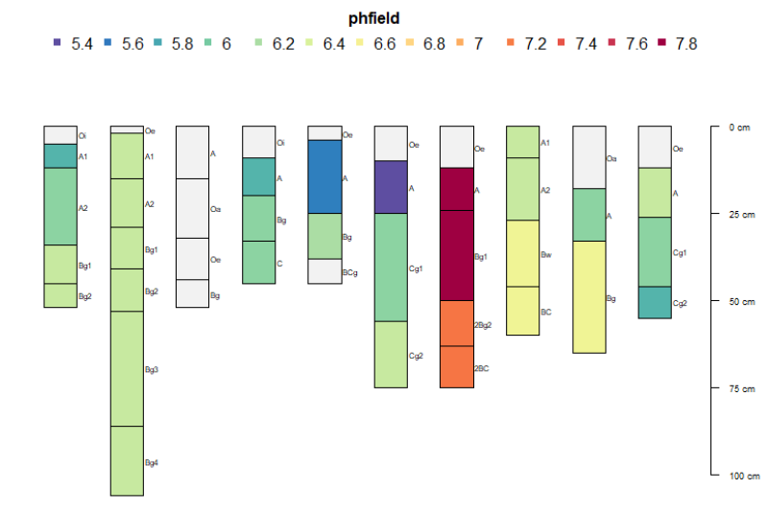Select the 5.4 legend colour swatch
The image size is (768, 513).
(x=57, y=44)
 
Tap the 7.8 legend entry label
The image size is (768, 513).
(x=686, y=44)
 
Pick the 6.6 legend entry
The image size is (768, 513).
(x=384, y=44)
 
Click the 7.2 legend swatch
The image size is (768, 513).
(x=510, y=44)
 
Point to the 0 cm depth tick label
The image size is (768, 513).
(x=739, y=127)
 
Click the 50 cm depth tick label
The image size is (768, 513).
(x=740, y=301)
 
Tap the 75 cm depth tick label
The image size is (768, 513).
(x=740, y=388)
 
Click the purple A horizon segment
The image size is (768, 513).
(x=391, y=187)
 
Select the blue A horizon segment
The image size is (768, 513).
(x=324, y=176)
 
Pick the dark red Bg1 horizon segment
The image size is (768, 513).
(x=456, y=255)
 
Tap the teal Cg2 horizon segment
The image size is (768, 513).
(x=655, y=302)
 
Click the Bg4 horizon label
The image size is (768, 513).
(x=152, y=463)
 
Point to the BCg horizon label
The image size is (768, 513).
(x=350, y=273)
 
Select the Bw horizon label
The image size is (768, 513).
(x=546, y=255)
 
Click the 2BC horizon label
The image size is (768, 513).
(x=482, y=368)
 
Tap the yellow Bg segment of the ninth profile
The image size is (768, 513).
(x=588, y=297)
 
